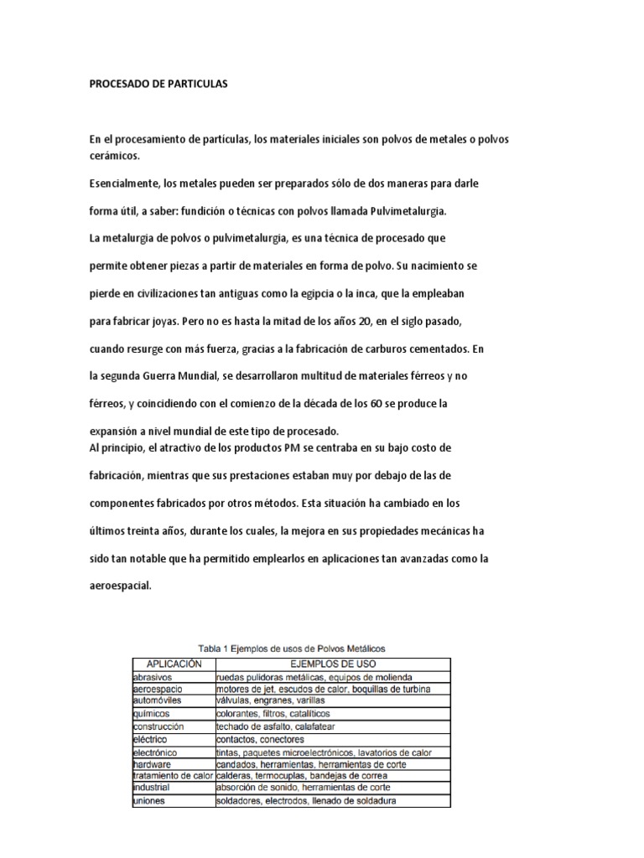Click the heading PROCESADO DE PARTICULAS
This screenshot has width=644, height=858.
[158, 85]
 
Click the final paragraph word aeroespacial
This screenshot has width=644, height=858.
[121, 587]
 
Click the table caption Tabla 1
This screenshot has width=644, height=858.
[216, 649]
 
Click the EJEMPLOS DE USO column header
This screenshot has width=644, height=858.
[331, 662]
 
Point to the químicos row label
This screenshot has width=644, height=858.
[150, 714]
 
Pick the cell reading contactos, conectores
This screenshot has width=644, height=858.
[260, 740]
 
